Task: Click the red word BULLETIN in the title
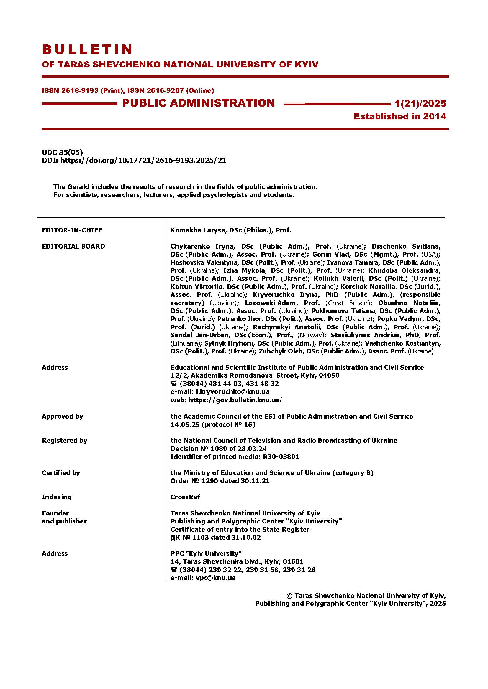coord(87,49)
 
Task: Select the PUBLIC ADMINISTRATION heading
coord(199,103)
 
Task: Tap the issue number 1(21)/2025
coord(420,103)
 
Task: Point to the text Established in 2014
coord(400,116)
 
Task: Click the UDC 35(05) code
coord(63,153)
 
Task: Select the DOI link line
coord(134,161)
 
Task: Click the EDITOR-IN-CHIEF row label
coord(72,230)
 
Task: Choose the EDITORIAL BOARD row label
coord(73,246)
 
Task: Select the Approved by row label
coord(63,416)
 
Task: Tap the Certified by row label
coord(61,473)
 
